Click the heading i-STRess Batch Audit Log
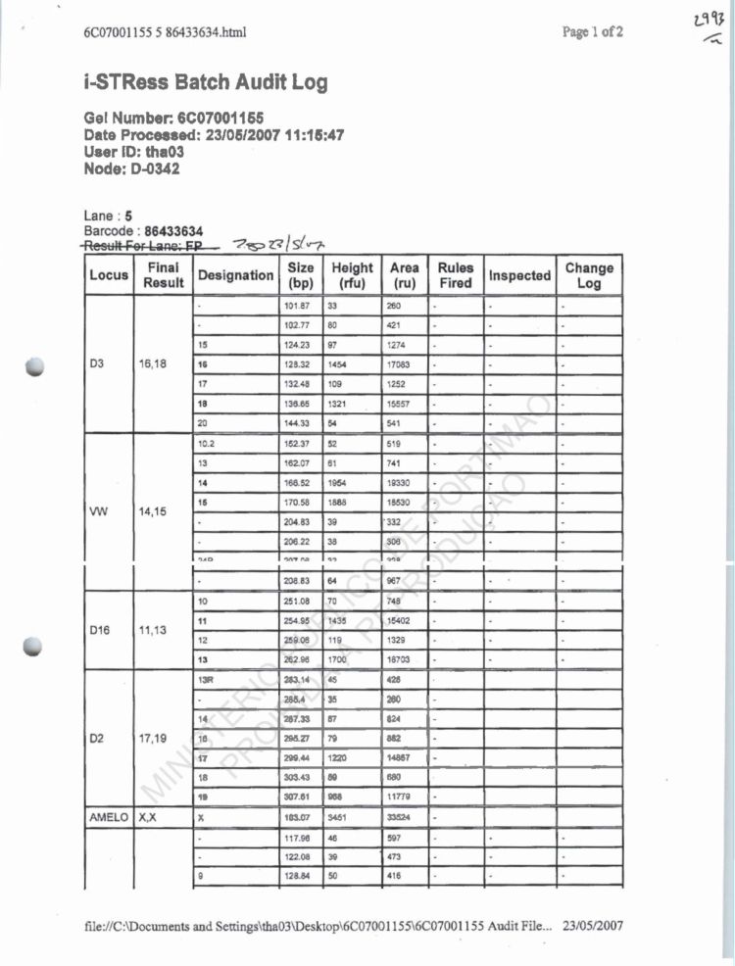(x=206, y=82)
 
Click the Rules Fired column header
(x=456, y=275)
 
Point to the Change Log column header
(x=589, y=275)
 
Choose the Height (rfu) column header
(x=352, y=275)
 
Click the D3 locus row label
(x=98, y=363)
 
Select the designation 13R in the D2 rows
(x=206, y=678)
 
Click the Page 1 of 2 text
(x=593, y=32)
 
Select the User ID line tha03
(x=134, y=152)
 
